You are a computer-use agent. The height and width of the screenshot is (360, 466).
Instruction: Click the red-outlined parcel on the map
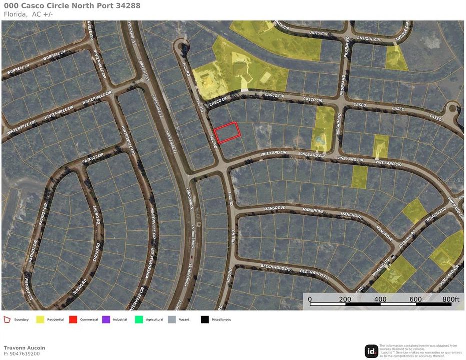pos(227,133)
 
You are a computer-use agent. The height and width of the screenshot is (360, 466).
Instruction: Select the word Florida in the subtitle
pos(15,14)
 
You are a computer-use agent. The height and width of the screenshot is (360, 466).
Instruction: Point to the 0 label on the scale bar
pos(310,299)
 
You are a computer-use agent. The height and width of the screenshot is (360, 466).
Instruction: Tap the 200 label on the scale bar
pos(344,299)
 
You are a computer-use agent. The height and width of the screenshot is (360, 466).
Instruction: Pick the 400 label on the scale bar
pos(380,299)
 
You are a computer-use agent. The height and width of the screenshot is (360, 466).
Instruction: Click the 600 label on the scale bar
pos(415,299)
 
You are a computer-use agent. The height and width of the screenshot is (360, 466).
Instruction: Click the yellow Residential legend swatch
pos(40,319)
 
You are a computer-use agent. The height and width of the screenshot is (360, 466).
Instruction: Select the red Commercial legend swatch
pos(73,319)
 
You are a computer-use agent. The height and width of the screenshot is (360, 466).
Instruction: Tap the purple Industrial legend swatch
pos(106,319)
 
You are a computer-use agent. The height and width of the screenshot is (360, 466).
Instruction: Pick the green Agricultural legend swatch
pos(139,319)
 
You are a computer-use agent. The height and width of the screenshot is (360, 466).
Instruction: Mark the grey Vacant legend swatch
pos(172,319)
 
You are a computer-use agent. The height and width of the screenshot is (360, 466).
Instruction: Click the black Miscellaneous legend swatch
pos(205,319)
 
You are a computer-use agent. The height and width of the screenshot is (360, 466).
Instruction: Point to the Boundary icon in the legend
pos(7,319)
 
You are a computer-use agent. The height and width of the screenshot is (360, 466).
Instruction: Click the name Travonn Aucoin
pos(24,348)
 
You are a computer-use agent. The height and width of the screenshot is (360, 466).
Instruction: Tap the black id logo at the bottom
pos(371,351)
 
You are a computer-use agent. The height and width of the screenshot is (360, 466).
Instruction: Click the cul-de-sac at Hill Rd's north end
pos(181,47)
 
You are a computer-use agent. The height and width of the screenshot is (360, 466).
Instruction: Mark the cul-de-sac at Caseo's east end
pos(454,107)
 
